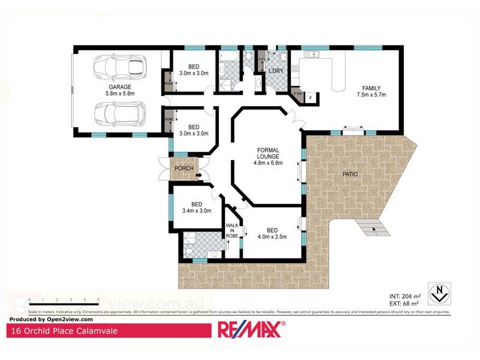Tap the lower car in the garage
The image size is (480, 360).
pyautogui.click(x=117, y=112)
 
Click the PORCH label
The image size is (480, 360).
pyautogui.click(x=184, y=168)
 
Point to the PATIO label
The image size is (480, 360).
pyautogui.click(x=350, y=174)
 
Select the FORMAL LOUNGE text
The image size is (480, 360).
pyautogui.click(x=268, y=152)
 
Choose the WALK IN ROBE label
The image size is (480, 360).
pyautogui.click(x=232, y=230)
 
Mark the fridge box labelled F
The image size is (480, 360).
pyautogui.click(x=310, y=97)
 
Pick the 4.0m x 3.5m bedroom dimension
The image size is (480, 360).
pyautogui.click(x=272, y=236)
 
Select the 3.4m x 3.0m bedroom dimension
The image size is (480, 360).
pyautogui.click(x=197, y=211)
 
